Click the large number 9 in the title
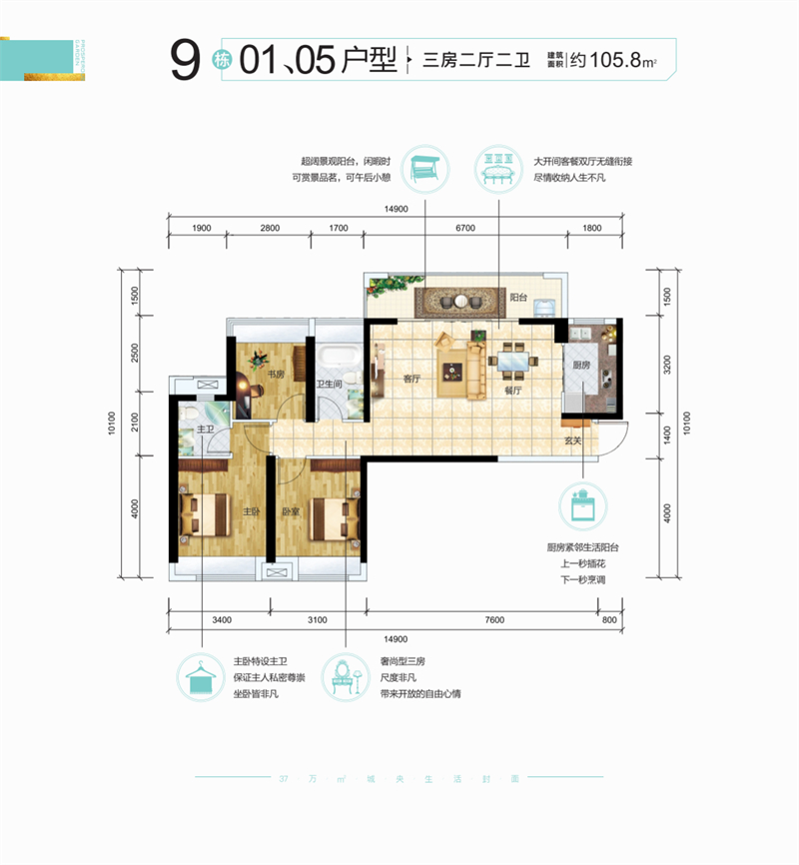(184, 62)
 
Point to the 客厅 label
(409, 379)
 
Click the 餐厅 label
(514, 391)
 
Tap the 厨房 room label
(579, 366)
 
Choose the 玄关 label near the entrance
(572, 439)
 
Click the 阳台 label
(517, 297)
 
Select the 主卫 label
(207, 430)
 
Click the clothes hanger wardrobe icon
(201, 677)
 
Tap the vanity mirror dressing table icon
(346, 677)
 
